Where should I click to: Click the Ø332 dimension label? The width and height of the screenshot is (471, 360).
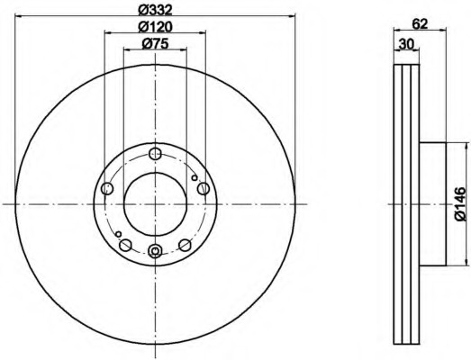pos(155,10)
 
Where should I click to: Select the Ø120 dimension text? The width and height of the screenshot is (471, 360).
pos(155,27)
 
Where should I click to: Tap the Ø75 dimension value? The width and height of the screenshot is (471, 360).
pos(155,44)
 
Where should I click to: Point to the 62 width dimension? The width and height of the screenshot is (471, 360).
pos(420,24)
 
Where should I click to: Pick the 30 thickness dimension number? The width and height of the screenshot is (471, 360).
pos(406,44)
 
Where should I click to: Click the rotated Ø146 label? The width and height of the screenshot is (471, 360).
pos(459,204)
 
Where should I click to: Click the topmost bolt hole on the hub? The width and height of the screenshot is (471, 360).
pos(155,154)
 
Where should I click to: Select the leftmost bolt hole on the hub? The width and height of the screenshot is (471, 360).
pos(107,189)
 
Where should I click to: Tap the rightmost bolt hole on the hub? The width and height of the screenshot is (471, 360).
pos(204,189)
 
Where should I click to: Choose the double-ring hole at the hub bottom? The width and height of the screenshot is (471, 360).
pos(155,250)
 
